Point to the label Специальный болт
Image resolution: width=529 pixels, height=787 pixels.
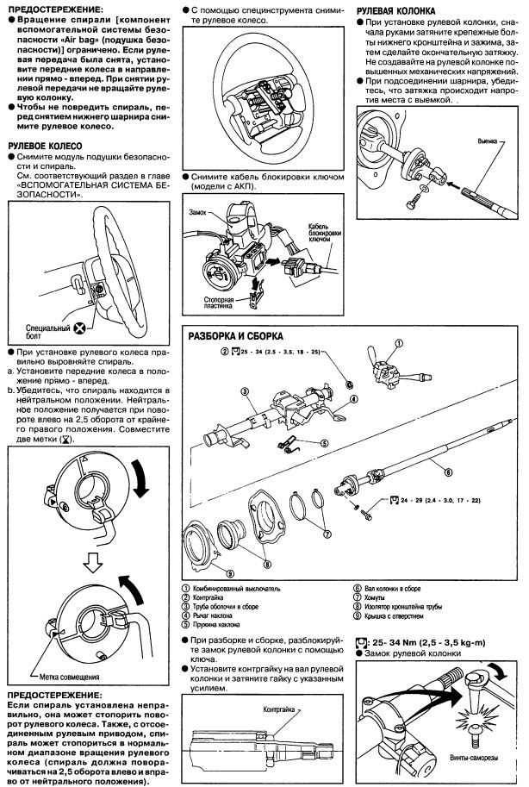pos(47,333)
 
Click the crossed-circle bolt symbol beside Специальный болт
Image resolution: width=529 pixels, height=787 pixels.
pos(79,328)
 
